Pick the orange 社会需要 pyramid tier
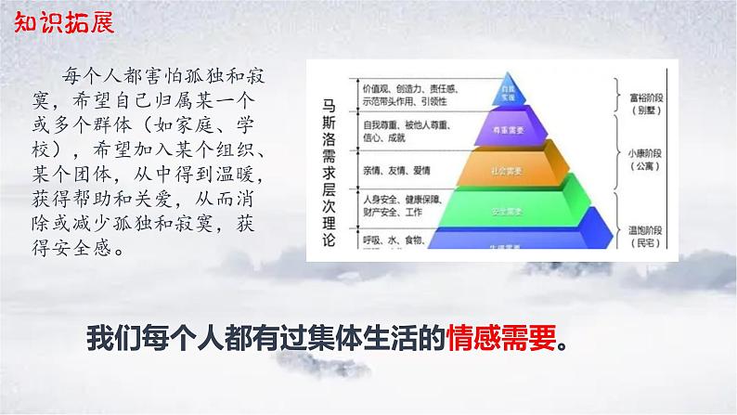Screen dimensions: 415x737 (x=508, y=171)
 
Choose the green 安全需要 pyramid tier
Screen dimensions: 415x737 (x=508, y=211)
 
